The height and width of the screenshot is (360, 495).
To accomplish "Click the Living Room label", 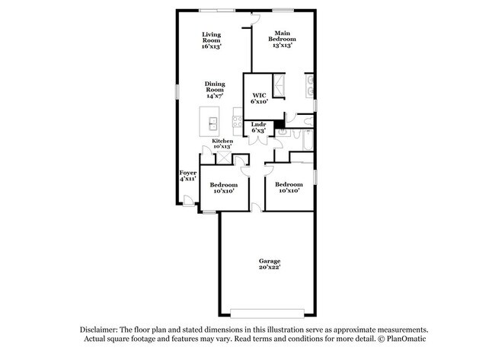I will point(211,38).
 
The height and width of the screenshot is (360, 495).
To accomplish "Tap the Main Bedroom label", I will point(282,38).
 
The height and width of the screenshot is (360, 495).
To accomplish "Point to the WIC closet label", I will point(258,96).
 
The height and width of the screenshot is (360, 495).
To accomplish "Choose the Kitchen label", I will point(222,141).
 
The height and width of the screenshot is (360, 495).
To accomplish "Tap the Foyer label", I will point(187,173).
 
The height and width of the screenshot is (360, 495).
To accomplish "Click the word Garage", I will point(269,261).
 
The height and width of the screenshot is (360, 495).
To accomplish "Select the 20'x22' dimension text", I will point(269,267).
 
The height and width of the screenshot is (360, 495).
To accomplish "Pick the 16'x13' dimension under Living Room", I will point(211,46).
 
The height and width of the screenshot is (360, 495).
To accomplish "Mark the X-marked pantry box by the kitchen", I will point(225,158).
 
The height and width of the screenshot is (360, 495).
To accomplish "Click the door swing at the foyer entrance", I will point(187,199).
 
